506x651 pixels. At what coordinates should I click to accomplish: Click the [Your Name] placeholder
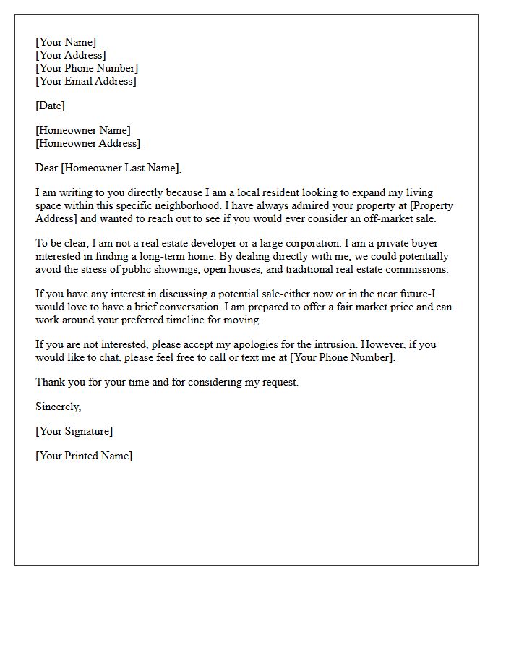[x=66, y=43]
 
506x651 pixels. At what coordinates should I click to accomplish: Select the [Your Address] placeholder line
[x=71, y=56]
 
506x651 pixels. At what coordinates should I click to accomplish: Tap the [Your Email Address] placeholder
[x=86, y=82]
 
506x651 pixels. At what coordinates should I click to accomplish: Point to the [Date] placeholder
[x=50, y=106]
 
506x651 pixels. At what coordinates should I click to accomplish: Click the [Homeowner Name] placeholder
[x=83, y=131]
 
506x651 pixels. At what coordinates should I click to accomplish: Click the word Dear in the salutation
[x=47, y=169]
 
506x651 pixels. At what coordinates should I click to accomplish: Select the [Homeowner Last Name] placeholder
[x=121, y=169]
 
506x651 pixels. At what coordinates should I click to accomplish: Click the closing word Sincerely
[x=58, y=407]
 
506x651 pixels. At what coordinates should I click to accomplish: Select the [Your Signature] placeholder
[x=74, y=432]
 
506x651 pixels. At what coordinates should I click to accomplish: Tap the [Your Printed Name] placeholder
[x=84, y=456]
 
